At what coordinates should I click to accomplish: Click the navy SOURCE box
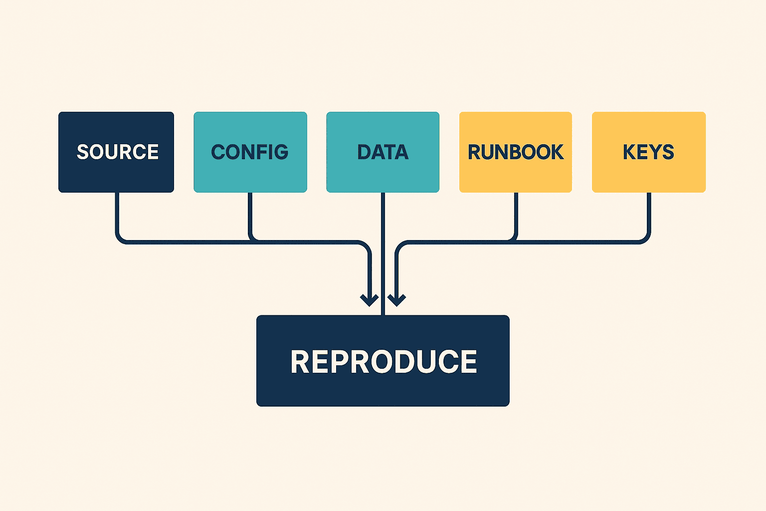tap(116, 152)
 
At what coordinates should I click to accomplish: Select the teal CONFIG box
tap(250, 152)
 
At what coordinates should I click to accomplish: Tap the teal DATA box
tap(383, 152)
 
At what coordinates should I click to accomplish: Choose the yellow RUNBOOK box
tap(515, 152)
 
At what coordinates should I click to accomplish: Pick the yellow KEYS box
tap(649, 152)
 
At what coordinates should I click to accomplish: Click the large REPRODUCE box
tap(383, 361)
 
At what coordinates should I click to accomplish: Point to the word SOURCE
tap(118, 152)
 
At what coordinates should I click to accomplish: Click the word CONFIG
tap(250, 152)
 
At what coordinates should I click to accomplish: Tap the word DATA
tap(383, 152)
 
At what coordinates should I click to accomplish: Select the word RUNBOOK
tap(515, 152)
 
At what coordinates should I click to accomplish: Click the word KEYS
tap(648, 152)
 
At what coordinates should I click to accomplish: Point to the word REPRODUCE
tap(383, 361)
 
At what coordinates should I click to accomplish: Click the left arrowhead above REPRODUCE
tap(370, 300)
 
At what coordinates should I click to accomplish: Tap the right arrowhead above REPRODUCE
tap(396, 300)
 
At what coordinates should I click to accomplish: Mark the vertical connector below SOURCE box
tap(117, 212)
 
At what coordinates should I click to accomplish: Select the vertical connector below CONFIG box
tap(250, 212)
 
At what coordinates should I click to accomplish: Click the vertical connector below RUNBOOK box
tap(516, 212)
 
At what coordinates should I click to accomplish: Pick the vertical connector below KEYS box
tap(649, 212)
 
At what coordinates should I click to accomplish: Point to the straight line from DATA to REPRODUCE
tap(383, 254)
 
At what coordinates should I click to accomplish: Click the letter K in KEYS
tap(629, 152)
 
